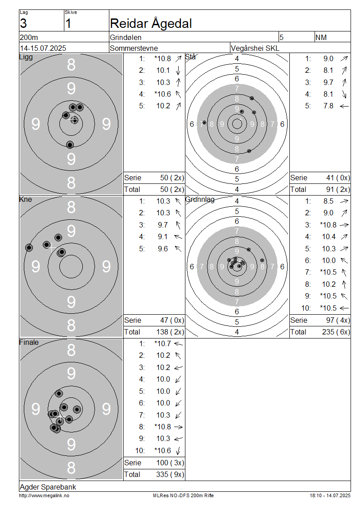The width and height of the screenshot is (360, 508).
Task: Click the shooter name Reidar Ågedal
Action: point(151,24)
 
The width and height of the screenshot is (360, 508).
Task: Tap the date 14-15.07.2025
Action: point(43,48)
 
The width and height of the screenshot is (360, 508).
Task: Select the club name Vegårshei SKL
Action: point(255,48)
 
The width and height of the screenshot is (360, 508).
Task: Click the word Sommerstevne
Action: point(134,48)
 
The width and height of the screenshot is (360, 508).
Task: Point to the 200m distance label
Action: point(29,37)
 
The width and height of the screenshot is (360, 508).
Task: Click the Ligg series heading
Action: point(26,57)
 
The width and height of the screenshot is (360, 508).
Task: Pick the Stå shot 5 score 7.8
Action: point(328,106)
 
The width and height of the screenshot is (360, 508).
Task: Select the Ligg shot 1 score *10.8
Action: point(163,58)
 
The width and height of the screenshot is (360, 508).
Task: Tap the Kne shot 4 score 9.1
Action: point(163,237)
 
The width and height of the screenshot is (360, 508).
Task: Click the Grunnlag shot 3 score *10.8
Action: point(328,225)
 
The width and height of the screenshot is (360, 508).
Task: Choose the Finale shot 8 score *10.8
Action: point(163,427)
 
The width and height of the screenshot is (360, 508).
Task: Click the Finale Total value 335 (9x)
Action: point(170,475)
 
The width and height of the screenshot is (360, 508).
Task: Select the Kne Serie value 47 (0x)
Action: point(172,321)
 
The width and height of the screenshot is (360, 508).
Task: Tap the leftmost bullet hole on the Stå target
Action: point(204,122)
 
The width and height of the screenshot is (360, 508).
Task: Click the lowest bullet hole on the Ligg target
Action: point(70,144)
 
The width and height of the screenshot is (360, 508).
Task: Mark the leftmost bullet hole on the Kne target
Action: point(29,248)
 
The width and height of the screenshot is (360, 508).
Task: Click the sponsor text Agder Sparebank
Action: point(48,487)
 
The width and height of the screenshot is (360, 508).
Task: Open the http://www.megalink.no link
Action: point(44,496)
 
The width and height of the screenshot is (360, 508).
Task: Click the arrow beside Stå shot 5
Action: point(344,106)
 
